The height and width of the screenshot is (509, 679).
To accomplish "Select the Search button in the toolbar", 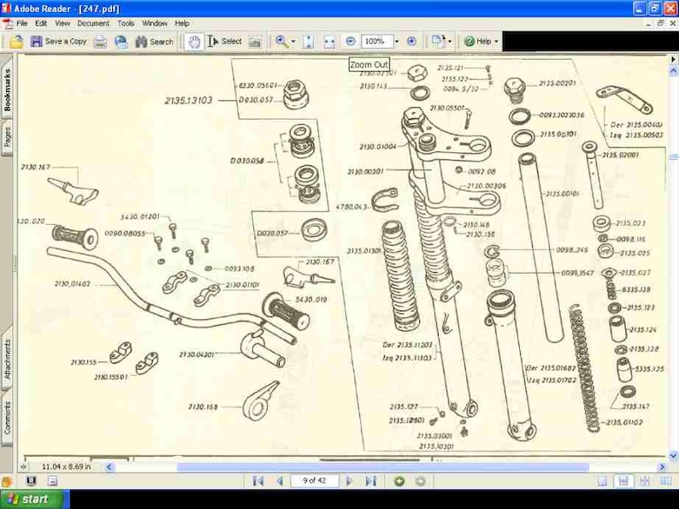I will click(154, 41).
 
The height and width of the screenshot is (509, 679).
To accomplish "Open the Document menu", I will click(93, 23).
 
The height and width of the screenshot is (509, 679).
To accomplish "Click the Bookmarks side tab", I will click(8, 90).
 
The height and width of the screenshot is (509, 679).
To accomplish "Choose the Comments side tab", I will click(8, 417).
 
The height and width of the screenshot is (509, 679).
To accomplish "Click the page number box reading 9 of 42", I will click(314, 482).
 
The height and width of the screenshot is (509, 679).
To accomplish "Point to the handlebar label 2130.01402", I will click(73, 283).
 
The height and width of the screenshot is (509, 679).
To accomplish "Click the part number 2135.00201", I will click(558, 83).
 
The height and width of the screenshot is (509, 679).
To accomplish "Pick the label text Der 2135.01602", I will click(550, 367).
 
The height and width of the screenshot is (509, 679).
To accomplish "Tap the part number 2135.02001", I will click(622, 155).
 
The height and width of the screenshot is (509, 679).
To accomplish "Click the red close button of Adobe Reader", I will click(670, 7).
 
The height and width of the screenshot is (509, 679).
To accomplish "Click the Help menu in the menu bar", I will click(182, 23).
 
